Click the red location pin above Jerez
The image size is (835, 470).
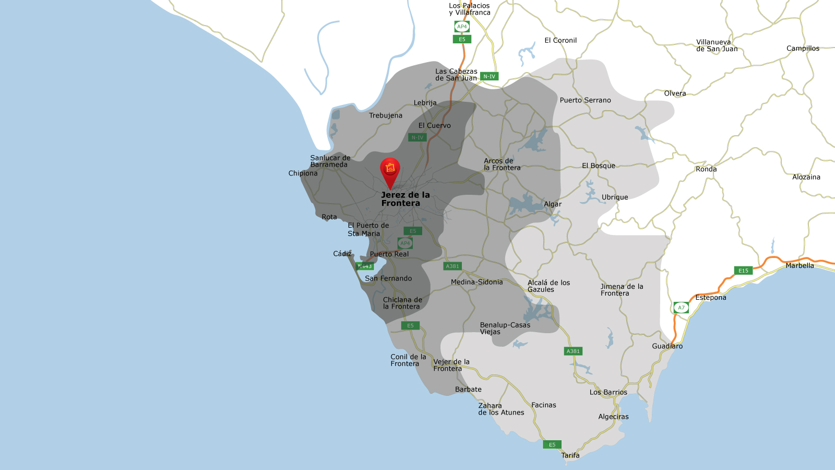[390, 170]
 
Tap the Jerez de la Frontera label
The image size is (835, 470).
[405, 199]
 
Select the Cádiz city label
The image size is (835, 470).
[342, 254]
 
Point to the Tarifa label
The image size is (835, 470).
[570, 455]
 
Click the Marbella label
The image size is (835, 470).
[800, 266]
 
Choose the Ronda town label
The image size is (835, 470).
[706, 169]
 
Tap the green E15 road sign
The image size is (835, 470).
[743, 271]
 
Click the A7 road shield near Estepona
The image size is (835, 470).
[681, 308]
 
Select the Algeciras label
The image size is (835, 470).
[613, 417]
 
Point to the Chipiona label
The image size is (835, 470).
[303, 173]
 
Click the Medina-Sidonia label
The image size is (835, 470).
[476, 282]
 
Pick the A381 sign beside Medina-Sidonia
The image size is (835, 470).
[452, 266]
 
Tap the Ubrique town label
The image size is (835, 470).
[615, 197]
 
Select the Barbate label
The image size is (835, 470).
[468, 390]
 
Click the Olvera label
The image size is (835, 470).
[675, 93]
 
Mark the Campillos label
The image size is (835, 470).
[803, 49]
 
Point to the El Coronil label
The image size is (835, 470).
[560, 40]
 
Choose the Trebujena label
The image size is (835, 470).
[386, 115]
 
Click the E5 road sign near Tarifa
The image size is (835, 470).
[552, 445]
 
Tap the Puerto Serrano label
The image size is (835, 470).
[585, 100]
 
